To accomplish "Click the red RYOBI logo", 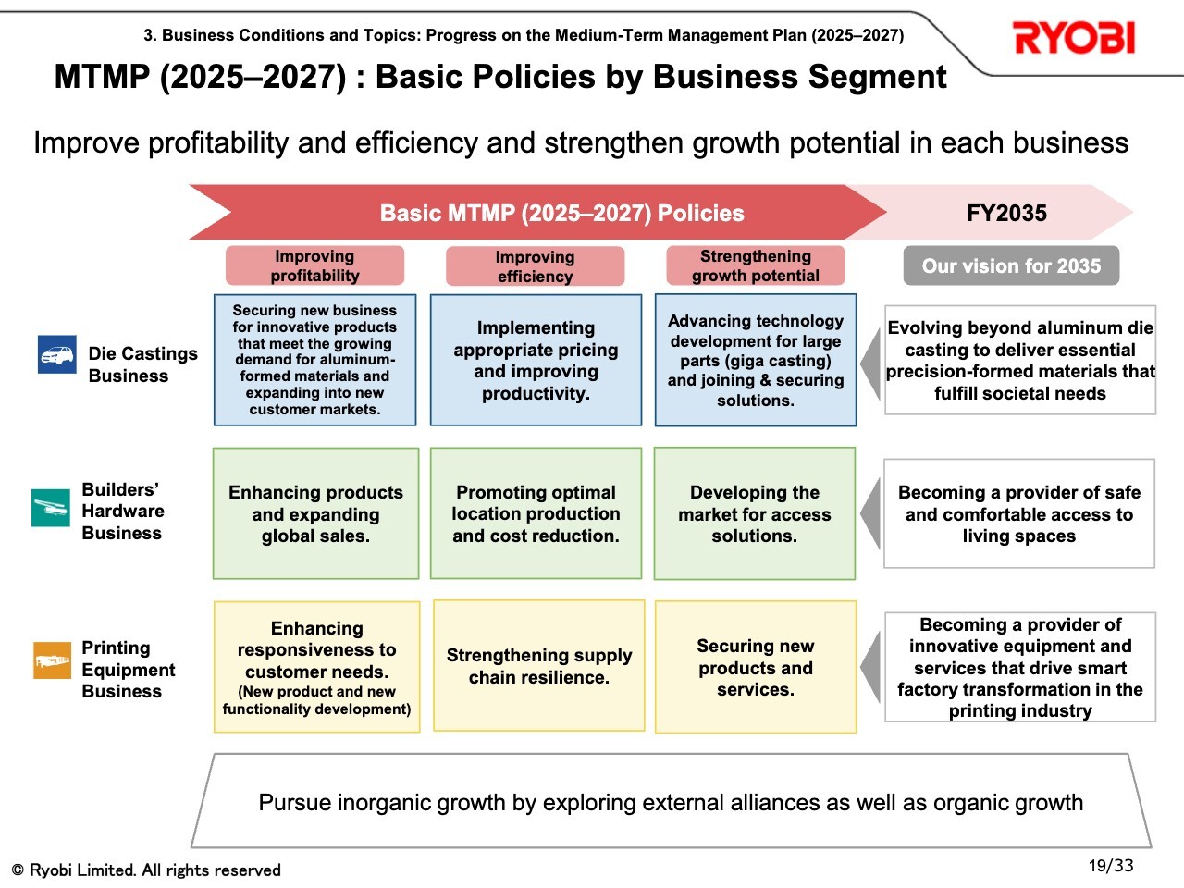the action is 1073,38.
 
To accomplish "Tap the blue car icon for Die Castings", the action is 57,354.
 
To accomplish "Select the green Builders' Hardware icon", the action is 51,507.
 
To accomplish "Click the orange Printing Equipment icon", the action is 53,660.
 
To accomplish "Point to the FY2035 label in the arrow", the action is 1006,213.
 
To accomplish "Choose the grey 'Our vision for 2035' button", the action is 1011,265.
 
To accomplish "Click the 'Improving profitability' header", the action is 315,265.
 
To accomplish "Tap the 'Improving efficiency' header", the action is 535,265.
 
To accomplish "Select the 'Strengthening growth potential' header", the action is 755,265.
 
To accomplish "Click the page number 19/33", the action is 1111,866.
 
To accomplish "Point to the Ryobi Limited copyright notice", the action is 146,869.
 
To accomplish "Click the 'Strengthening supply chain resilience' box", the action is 539,666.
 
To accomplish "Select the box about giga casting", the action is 756,360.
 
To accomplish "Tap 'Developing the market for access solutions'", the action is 755,513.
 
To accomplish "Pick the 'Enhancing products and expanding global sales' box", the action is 315,513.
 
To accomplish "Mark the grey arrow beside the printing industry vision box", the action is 871,667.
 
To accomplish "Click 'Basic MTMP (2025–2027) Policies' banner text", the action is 562,213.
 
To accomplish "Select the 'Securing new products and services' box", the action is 756,667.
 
